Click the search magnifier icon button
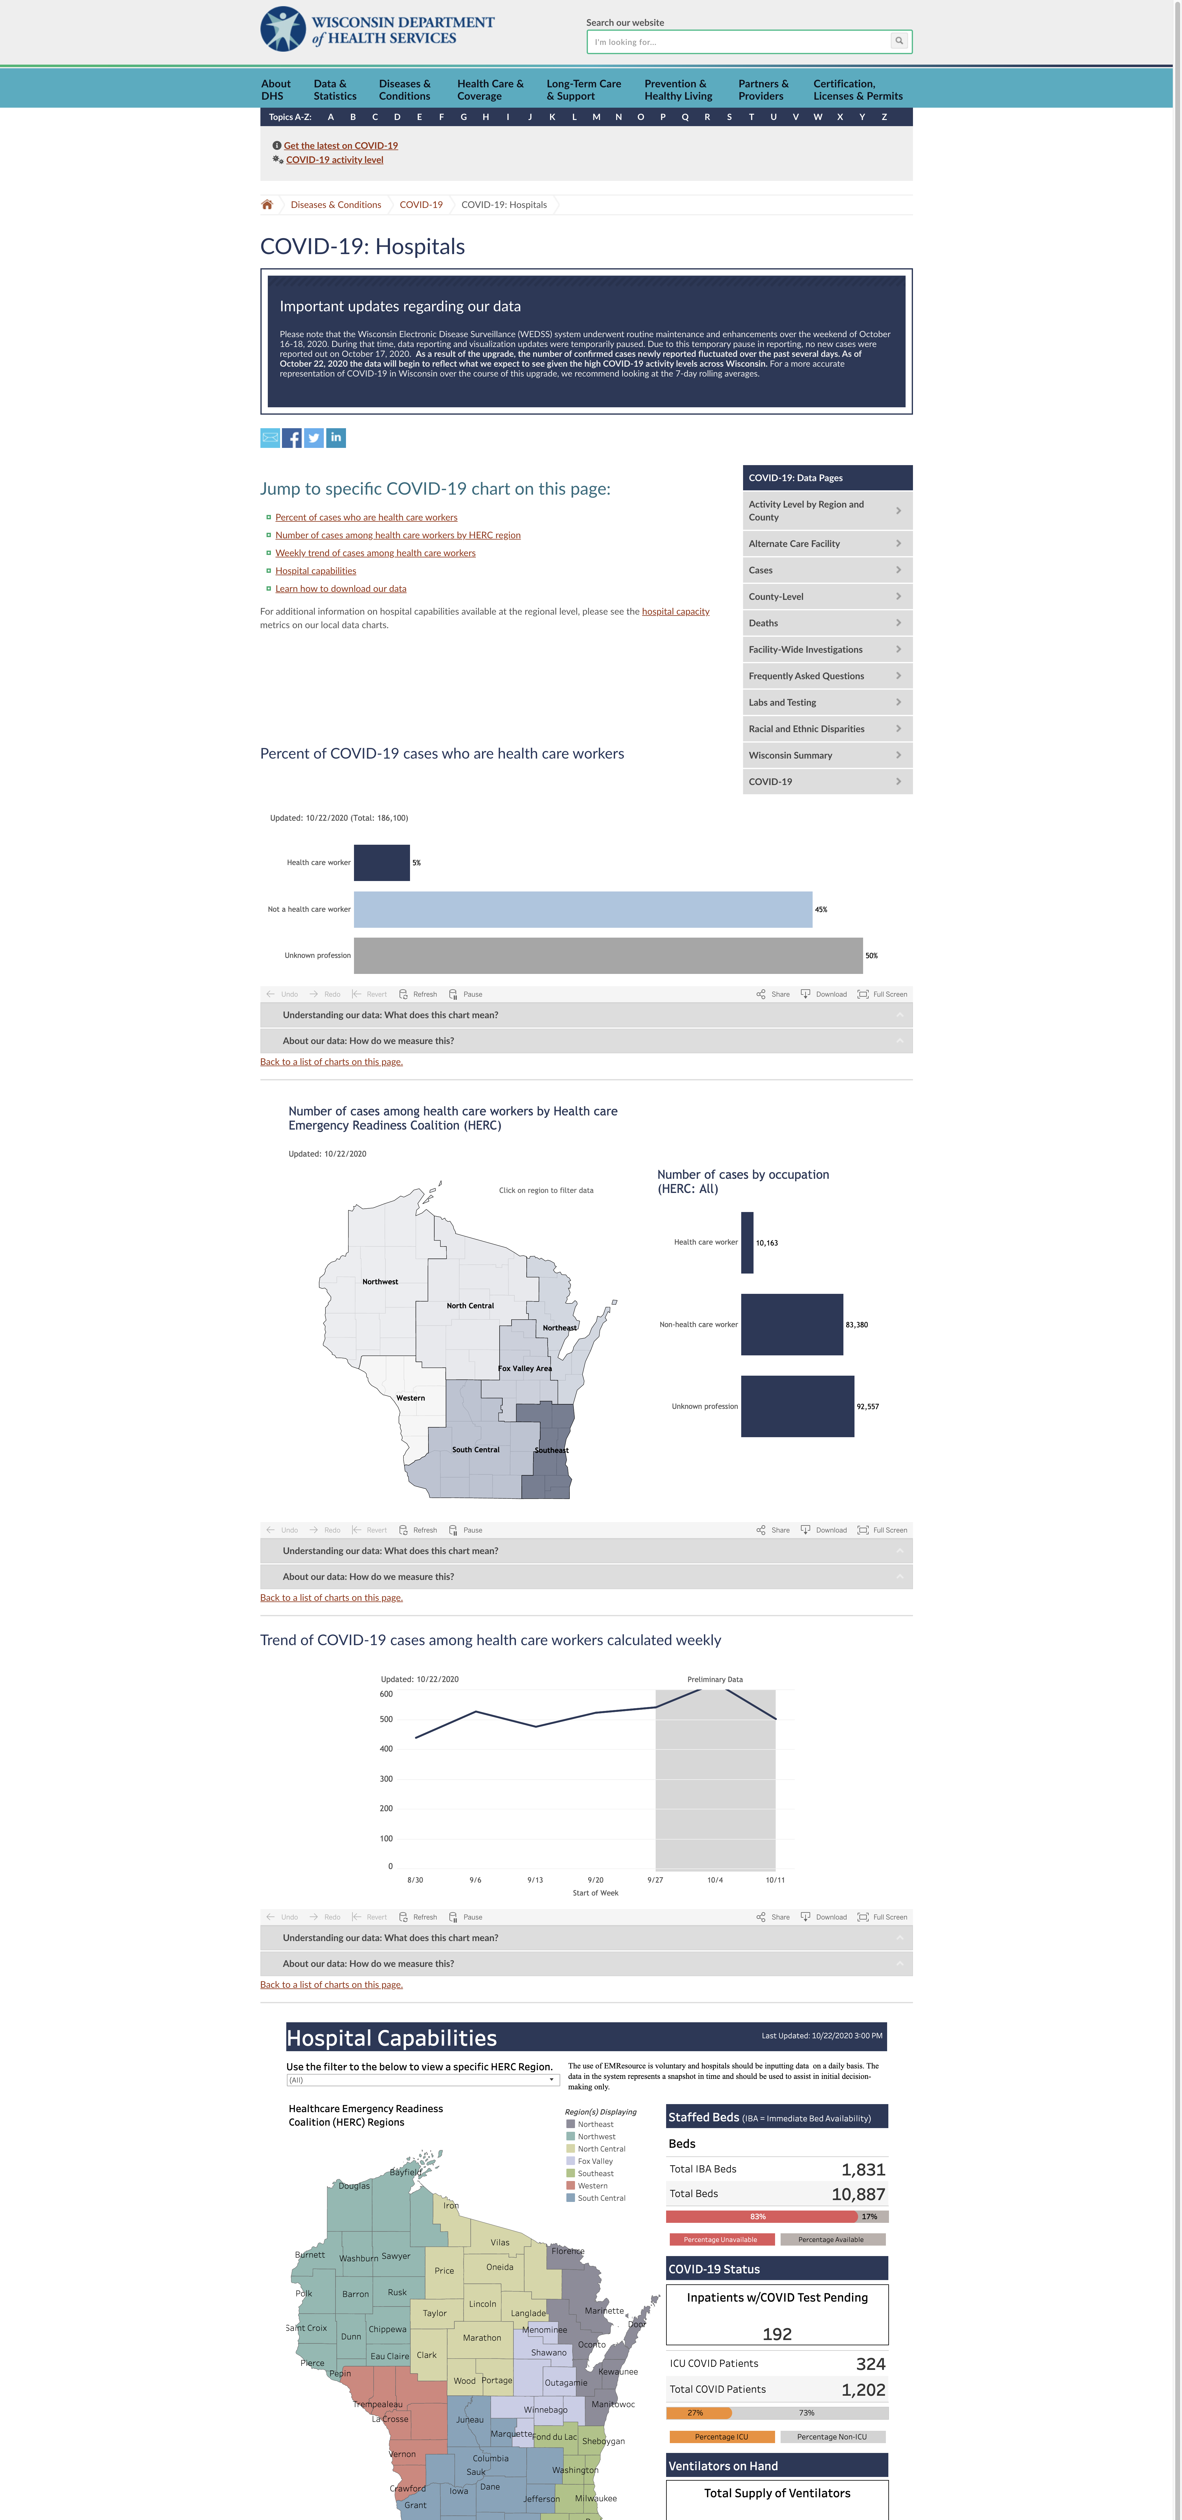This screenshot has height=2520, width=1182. tap(898, 41)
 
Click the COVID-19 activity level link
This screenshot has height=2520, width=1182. tap(335, 159)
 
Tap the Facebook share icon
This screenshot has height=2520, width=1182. tap(291, 438)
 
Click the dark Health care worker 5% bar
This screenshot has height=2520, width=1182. tap(382, 863)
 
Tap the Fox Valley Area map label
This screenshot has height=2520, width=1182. tap(525, 1369)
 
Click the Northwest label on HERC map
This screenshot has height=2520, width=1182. tap(380, 1282)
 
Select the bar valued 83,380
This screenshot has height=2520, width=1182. tap(792, 1325)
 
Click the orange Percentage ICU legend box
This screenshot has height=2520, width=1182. tap(721, 2437)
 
